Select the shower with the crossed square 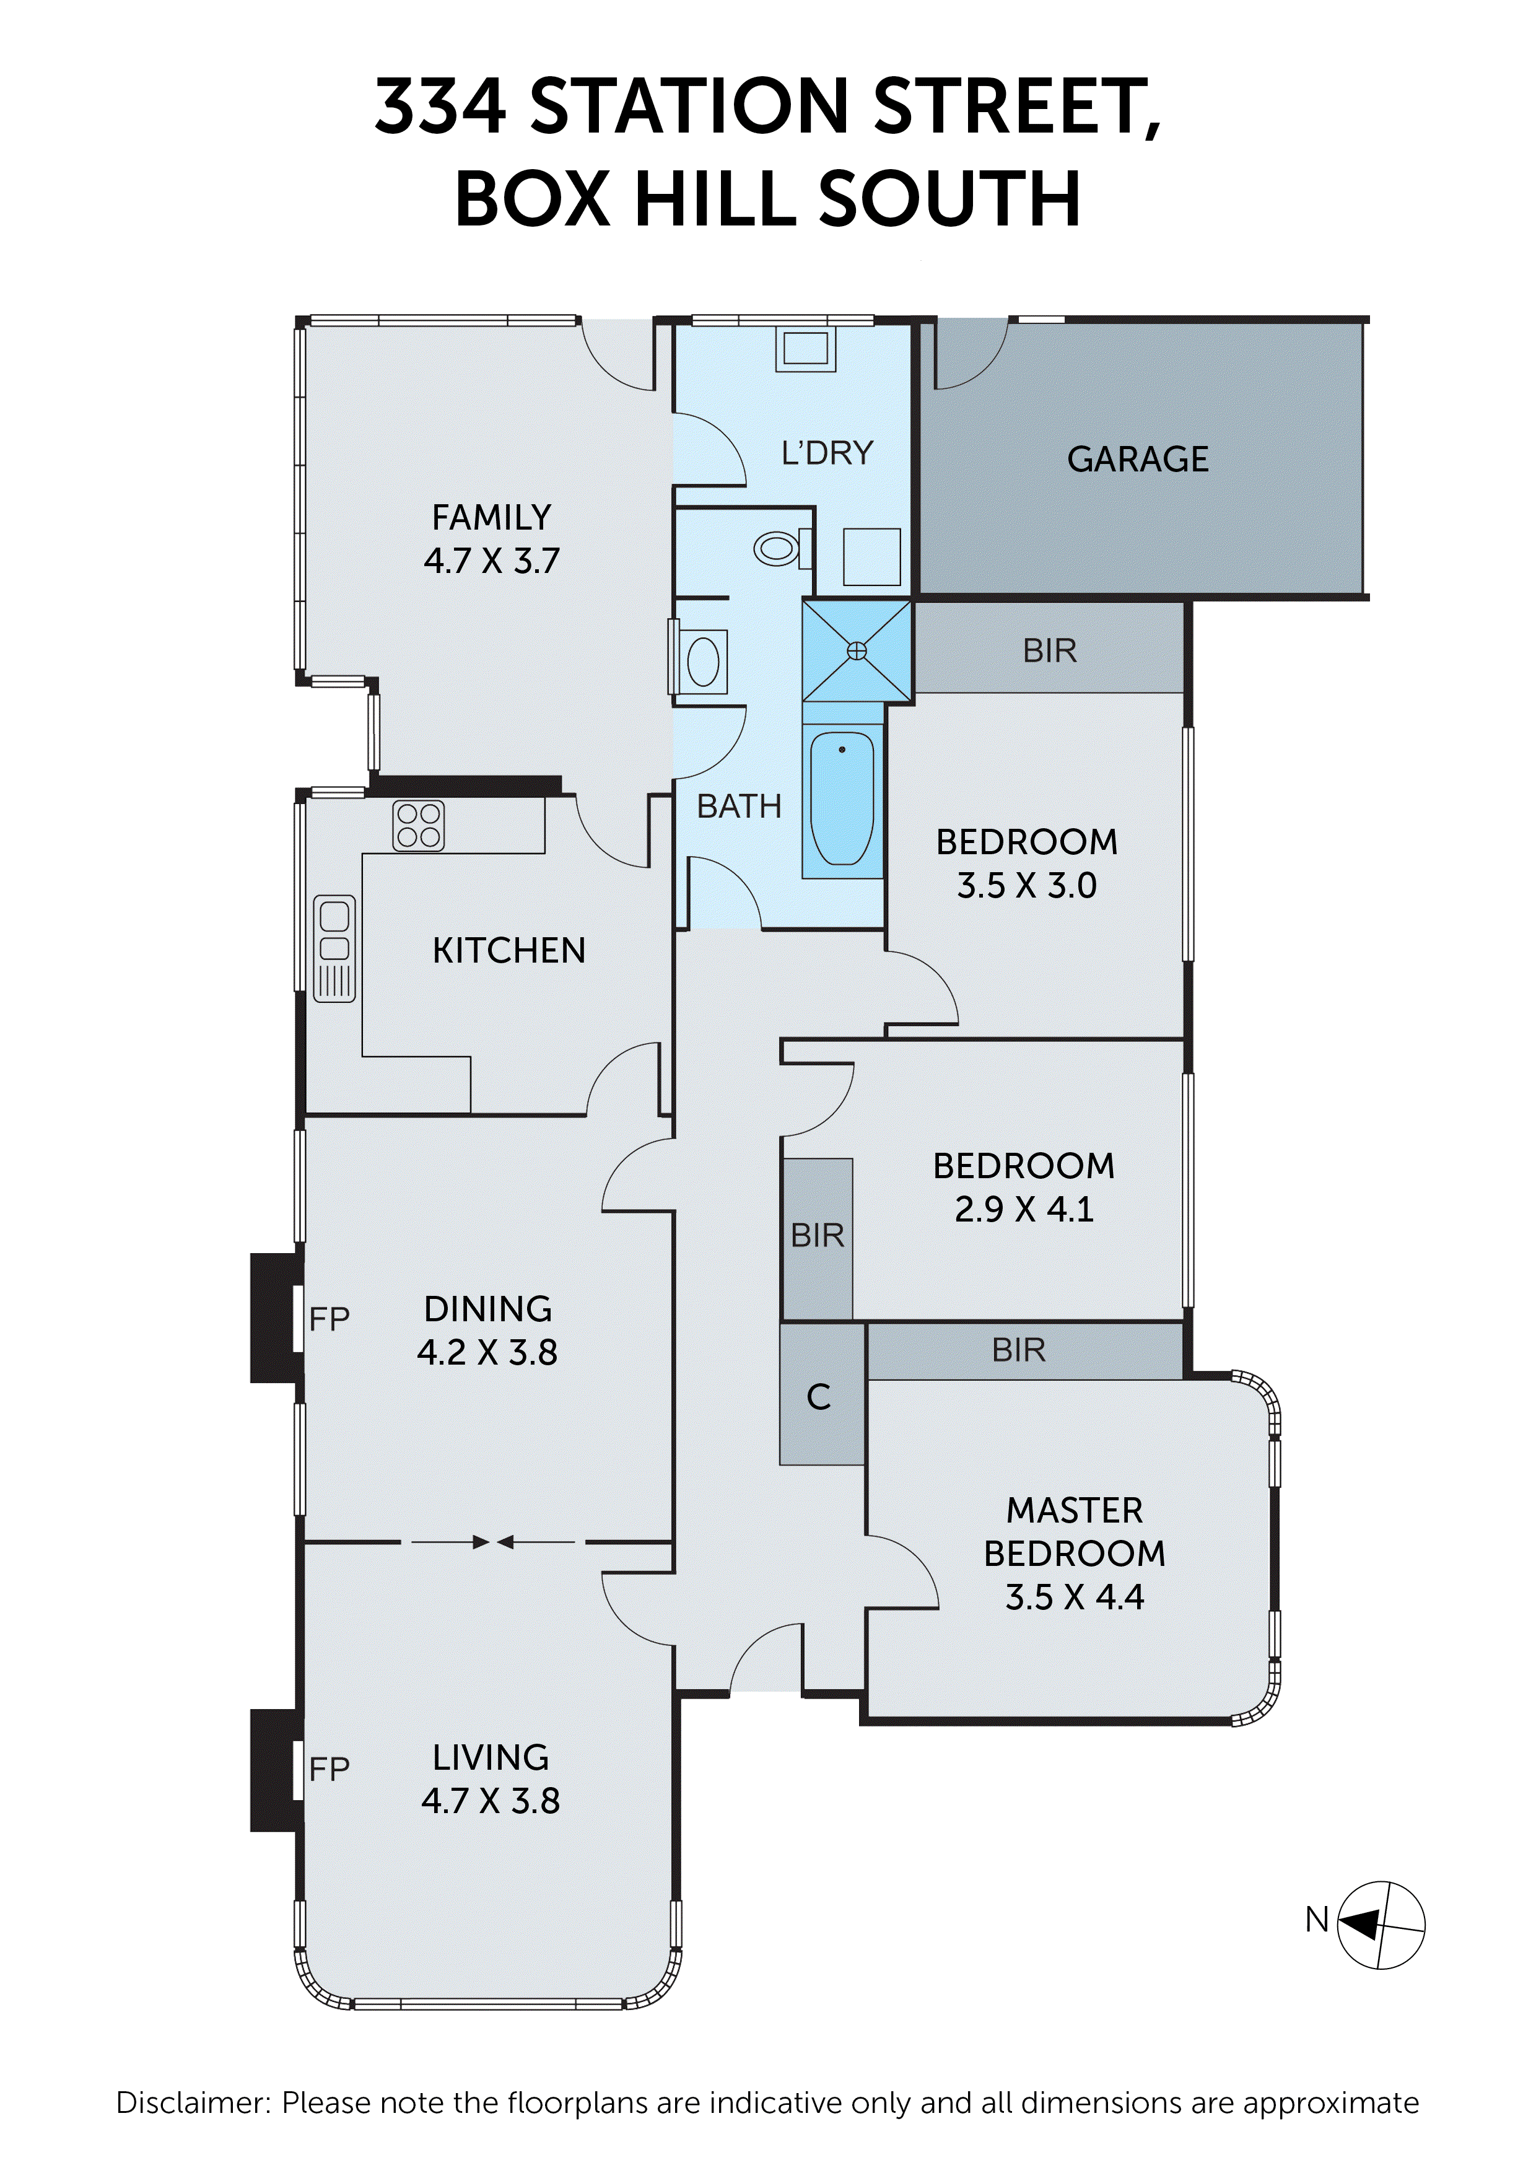[x=857, y=650]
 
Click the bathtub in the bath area [x=841, y=798]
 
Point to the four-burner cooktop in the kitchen [x=418, y=825]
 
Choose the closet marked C [x=819, y=1397]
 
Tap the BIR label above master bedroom [x=1018, y=1350]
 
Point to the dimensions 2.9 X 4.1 [x=1023, y=1209]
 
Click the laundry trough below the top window [x=805, y=348]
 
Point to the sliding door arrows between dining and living [x=492, y=1542]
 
